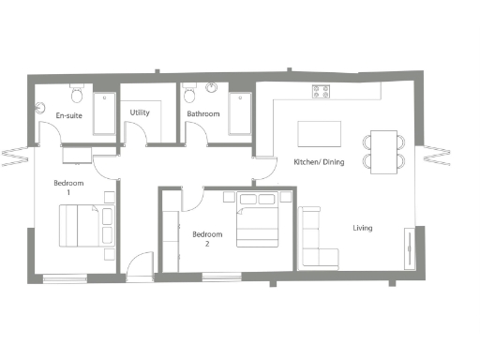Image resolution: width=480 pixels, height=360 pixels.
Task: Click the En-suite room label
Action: [67, 116]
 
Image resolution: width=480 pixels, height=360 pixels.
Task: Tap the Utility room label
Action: [140, 112]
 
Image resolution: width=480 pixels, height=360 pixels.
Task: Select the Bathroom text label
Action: [202, 113]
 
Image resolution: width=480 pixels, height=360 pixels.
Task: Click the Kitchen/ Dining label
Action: [320, 162]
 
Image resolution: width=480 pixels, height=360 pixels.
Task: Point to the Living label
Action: [363, 228]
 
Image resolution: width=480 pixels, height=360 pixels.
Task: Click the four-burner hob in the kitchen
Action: [322, 92]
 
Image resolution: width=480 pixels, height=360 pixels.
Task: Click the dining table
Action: [383, 151]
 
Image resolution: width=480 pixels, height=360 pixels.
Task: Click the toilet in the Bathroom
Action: [190, 95]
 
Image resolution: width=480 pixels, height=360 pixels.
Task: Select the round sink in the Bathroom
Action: [212, 91]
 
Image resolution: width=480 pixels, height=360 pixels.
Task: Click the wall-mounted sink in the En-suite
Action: [41, 103]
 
